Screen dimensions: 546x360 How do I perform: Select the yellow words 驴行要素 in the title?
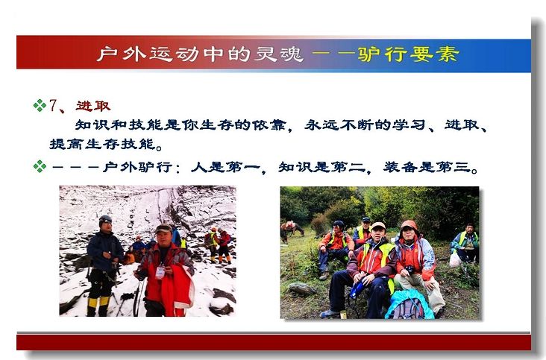pyautogui.click(x=409, y=54)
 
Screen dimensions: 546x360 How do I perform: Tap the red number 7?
pyautogui.click(x=53, y=106)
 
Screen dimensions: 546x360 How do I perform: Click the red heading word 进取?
pyautogui.click(x=93, y=106)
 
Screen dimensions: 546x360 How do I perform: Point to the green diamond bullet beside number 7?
pyautogui.click(x=40, y=105)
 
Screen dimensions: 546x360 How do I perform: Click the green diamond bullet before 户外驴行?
pyautogui.click(x=40, y=166)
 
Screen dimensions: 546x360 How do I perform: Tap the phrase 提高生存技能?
pyautogui.click(x=102, y=144)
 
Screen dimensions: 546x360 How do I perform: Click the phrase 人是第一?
pyautogui.click(x=225, y=167)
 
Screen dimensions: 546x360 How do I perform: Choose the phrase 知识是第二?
pyautogui.click(x=321, y=167)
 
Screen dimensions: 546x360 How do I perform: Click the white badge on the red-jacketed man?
pyautogui.click(x=160, y=272)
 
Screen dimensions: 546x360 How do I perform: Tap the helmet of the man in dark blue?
pyautogui.click(x=105, y=219)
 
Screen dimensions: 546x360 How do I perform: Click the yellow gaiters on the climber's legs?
pyautogui.click(x=98, y=303)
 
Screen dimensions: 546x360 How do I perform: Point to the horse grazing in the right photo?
pyautogui.click(x=292, y=230)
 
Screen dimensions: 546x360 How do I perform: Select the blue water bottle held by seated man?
pyautogui.click(x=357, y=288)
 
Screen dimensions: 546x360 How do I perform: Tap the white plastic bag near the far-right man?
pyautogui.click(x=456, y=259)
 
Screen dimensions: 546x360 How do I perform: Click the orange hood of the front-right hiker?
pyautogui.click(x=409, y=225)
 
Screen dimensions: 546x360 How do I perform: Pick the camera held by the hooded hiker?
pyautogui.click(x=409, y=269)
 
